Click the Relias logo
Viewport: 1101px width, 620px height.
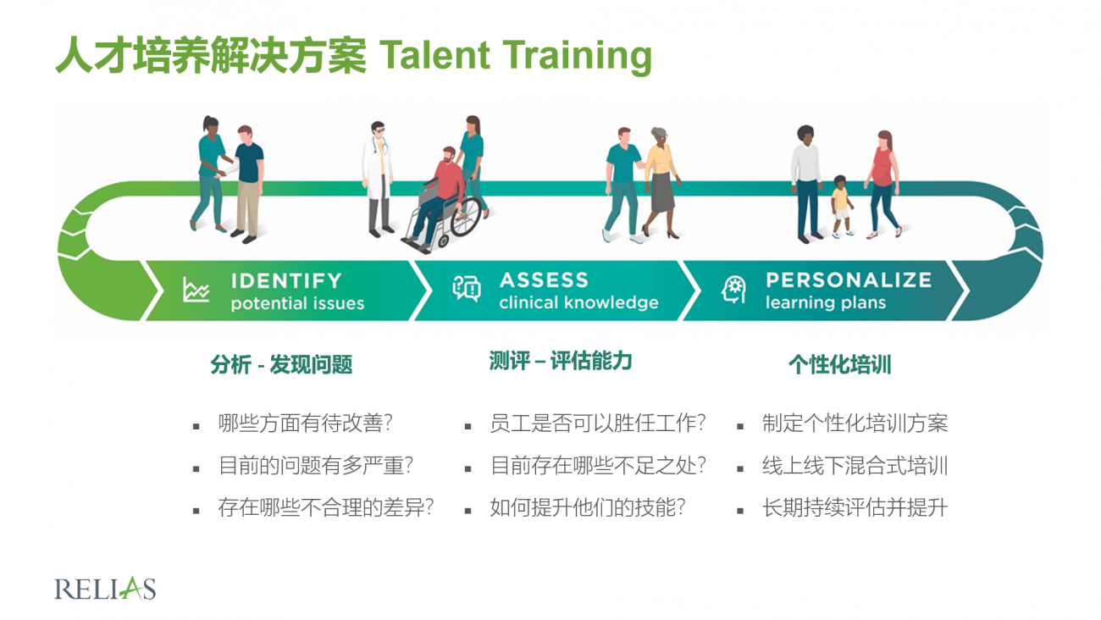click(105, 589)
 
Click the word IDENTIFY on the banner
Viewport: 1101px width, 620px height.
click(286, 280)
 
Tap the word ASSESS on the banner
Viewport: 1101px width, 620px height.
click(544, 280)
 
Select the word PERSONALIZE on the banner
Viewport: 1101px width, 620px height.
click(849, 280)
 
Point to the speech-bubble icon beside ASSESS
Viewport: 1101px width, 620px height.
click(466, 288)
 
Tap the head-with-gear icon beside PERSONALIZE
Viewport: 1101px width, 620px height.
click(733, 289)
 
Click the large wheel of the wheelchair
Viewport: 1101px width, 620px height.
click(465, 217)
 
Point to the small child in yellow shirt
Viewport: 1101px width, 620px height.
click(841, 207)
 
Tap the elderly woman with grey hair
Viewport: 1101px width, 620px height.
click(661, 182)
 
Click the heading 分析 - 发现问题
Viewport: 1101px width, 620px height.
click(281, 364)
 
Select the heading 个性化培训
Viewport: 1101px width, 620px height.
click(839, 364)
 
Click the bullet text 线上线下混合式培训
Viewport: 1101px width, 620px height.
click(855, 466)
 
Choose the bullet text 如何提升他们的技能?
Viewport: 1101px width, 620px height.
click(588, 507)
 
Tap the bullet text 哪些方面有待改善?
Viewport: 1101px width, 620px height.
click(305, 423)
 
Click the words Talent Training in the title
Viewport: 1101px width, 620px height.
click(516, 55)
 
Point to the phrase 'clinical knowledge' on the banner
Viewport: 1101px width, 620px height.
click(578, 302)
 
